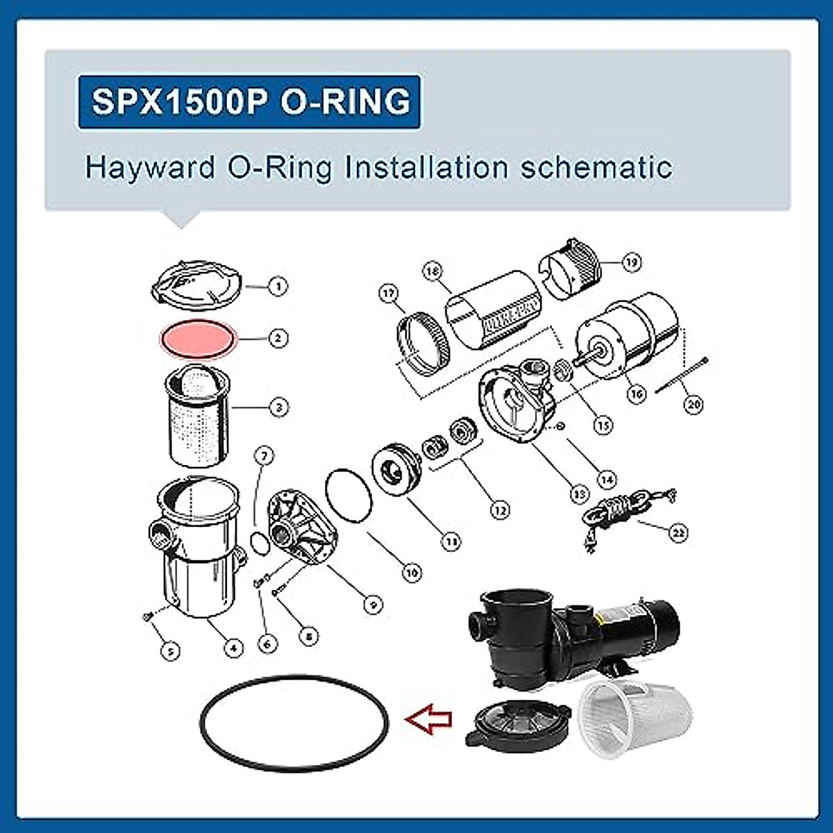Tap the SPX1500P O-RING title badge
pyautogui.click(x=249, y=102)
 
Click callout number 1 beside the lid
pyautogui.click(x=278, y=285)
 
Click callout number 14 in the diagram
pyautogui.click(x=606, y=479)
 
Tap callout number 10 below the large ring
pyautogui.click(x=412, y=573)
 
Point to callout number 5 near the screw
pyautogui.click(x=170, y=650)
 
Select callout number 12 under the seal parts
pyautogui.click(x=499, y=510)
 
